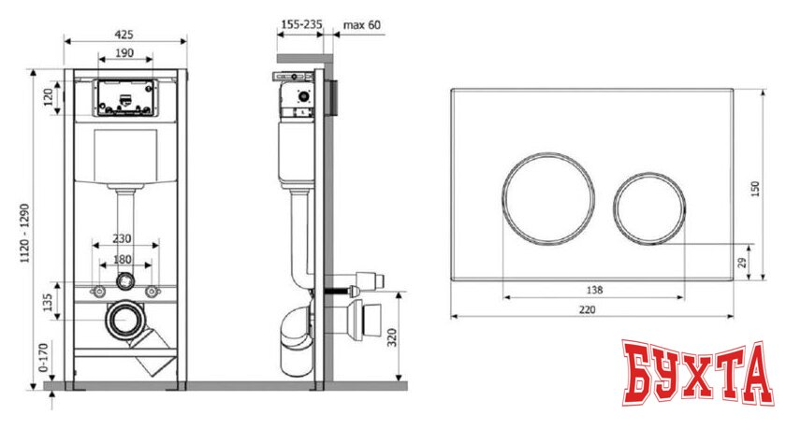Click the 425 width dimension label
click(x=124, y=34)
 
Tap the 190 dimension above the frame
click(x=124, y=52)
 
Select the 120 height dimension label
click(x=48, y=97)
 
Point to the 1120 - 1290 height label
click(x=24, y=234)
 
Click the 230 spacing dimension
click(x=122, y=238)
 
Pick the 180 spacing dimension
click(x=123, y=259)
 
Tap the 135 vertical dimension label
click(x=48, y=302)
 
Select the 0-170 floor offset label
click(x=44, y=357)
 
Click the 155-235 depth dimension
click(x=301, y=24)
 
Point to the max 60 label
click(x=361, y=24)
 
